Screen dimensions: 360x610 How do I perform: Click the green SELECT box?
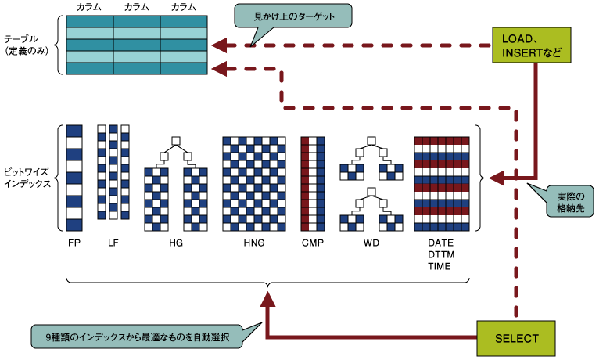(517, 338)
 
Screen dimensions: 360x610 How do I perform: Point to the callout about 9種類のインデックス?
(136, 337)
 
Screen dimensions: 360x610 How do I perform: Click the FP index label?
(74, 243)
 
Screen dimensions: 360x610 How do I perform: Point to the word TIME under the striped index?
(440, 267)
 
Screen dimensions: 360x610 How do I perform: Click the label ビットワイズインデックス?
(27, 177)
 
